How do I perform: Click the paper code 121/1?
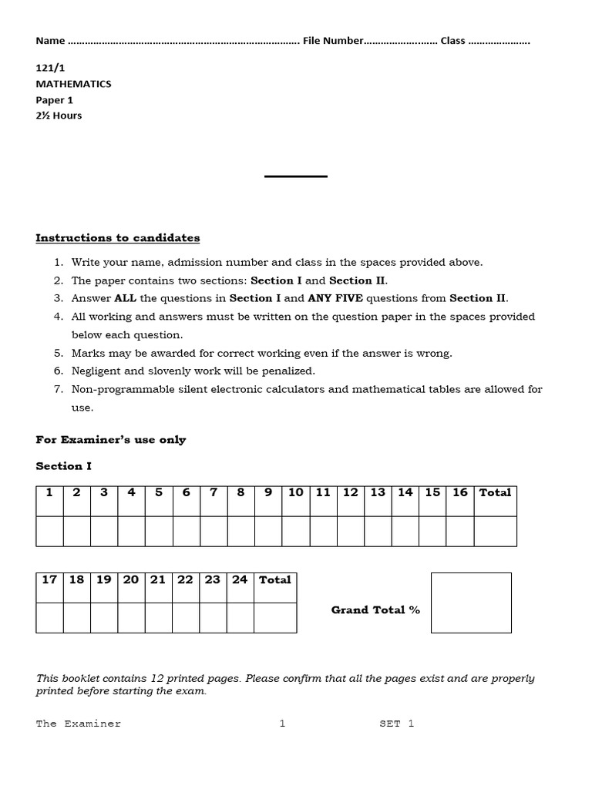point(50,68)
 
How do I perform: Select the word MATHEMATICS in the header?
point(73,84)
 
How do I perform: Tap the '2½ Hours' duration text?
point(59,116)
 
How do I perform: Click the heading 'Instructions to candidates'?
point(117,238)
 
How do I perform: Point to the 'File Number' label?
point(332,41)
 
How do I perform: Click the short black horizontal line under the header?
point(296,176)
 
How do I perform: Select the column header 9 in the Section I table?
point(268,493)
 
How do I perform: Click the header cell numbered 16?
point(460,493)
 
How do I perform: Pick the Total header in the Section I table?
point(495,493)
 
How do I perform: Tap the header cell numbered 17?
point(49,580)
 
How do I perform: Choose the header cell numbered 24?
point(240,580)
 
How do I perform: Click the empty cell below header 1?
point(49,531)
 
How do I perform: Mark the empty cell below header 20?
point(131,618)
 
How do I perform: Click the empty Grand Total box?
point(471,603)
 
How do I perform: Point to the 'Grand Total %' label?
point(375,610)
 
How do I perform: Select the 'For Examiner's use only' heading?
point(111,440)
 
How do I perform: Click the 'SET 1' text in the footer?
point(396,724)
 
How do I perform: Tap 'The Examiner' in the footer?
point(79,724)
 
